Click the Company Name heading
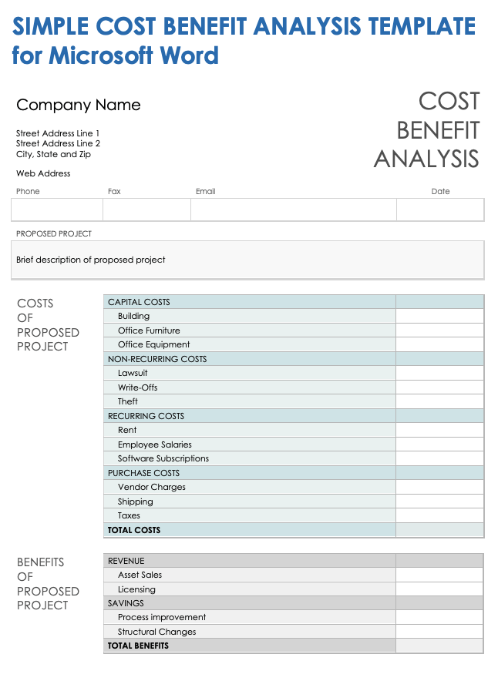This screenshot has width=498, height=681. coord(79,106)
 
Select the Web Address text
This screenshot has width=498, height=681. coord(43,174)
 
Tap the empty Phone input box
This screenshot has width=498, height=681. coord(57,210)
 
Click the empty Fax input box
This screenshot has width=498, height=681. coord(146,210)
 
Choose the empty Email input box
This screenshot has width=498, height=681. coord(293,210)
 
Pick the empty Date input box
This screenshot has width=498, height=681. coord(440,210)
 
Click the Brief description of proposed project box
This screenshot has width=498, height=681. coord(247,260)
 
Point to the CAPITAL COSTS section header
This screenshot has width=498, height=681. coord(140,302)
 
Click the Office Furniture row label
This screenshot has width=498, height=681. coord(149,330)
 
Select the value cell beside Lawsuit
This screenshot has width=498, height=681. coord(439,373)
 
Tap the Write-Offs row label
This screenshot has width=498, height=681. coord(138,387)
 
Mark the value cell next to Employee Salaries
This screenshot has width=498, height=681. coord(439,444)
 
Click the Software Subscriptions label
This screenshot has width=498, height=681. coord(163,458)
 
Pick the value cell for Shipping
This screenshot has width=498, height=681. coord(439,502)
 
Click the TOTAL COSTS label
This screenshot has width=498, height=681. coord(134,530)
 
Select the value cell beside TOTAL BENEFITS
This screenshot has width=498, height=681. coord(439,646)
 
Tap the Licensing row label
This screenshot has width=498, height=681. coord(136,589)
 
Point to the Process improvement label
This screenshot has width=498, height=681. coord(162,617)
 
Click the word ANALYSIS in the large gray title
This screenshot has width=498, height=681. coord(426,159)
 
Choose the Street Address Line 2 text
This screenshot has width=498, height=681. coord(59,144)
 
